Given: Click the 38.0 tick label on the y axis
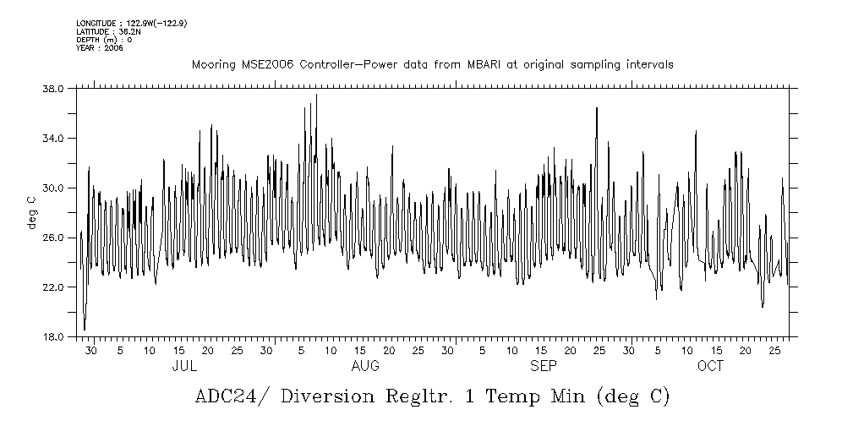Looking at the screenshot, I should [53, 88].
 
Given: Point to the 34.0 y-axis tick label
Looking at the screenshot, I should [53, 138].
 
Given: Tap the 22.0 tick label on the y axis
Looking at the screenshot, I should [53, 287].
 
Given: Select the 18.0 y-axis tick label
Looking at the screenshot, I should [53, 336].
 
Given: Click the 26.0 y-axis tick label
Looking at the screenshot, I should [53, 238].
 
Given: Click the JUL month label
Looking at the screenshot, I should [184, 366].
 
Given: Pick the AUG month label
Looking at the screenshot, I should [365, 366].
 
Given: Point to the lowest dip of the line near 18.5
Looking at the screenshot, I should [85, 330].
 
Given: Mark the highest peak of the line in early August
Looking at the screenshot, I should [316, 95].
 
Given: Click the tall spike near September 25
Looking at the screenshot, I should [597, 108].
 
